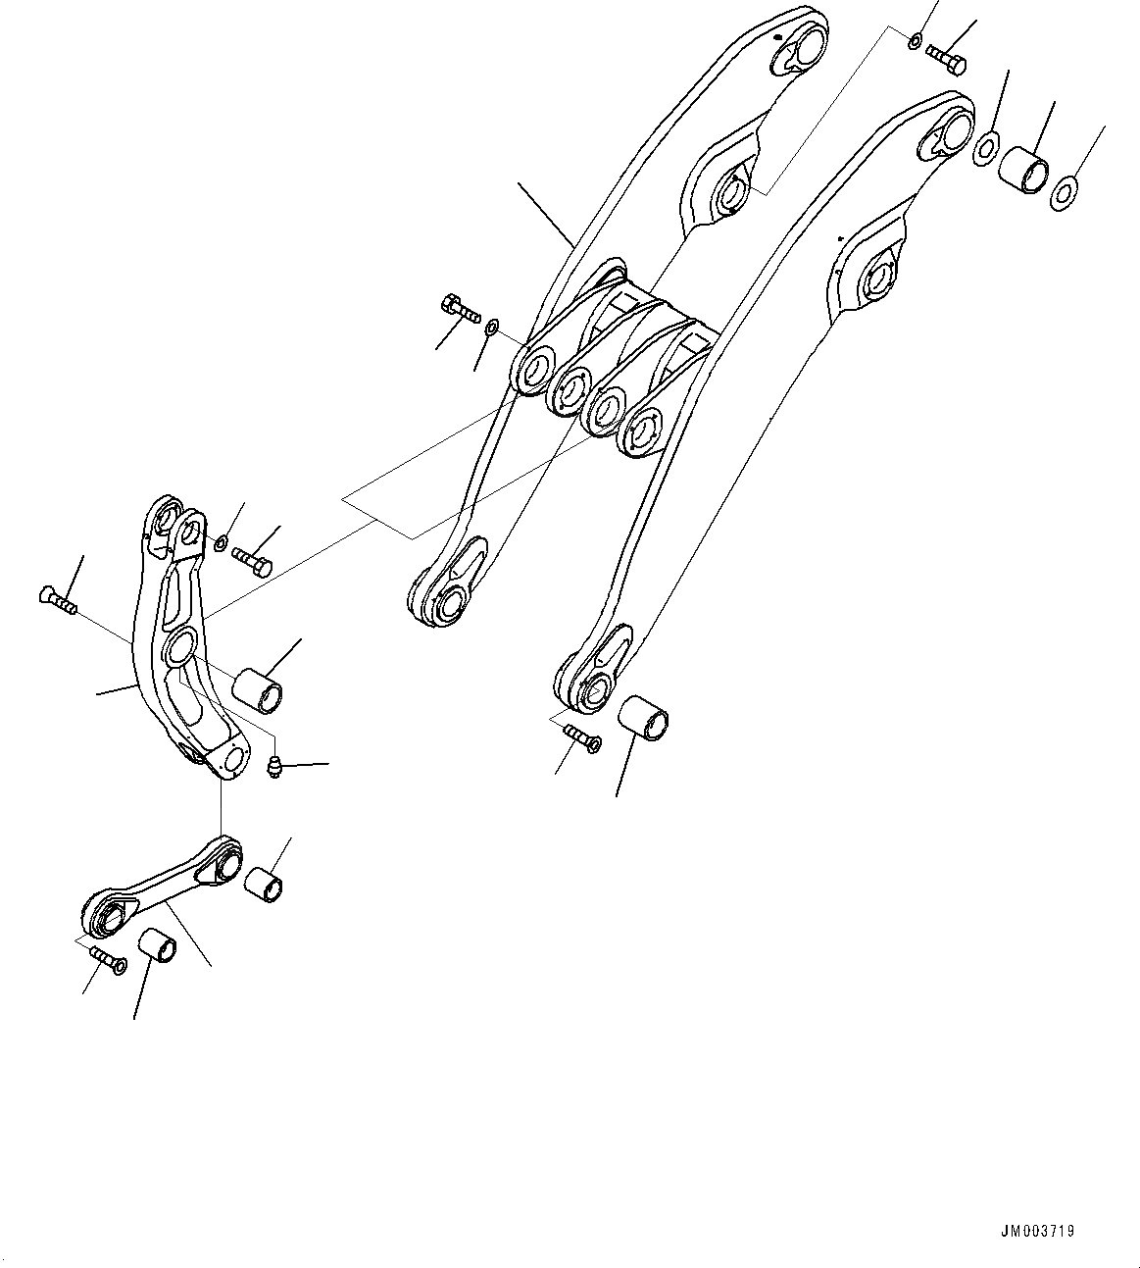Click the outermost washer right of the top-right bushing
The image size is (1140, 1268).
point(1065,193)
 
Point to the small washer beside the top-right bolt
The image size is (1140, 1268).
point(914,41)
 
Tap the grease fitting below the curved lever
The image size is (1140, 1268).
point(275,768)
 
